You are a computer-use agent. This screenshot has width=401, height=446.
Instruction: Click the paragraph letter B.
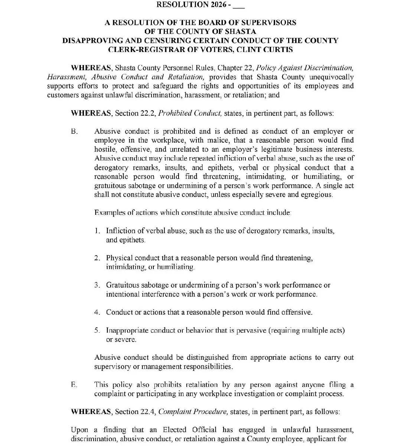point(74,132)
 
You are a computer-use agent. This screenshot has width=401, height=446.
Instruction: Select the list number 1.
point(97,231)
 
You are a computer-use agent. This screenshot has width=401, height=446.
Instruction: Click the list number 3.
point(97,285)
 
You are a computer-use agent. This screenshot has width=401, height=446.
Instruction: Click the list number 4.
point(97,312)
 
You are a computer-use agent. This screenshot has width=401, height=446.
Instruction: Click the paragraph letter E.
point(74,385)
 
